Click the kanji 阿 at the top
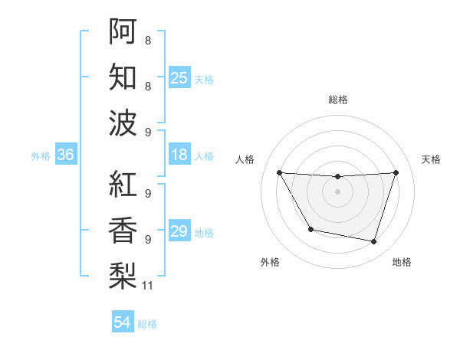click(x=123, y=31)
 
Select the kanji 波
click(x=123, y=123)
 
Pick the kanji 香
click(x=123, y=229)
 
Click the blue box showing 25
click(x=179, y=77)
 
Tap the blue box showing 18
click(x=179, y=155)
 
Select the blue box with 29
click(x=179, y=231)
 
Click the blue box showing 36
click(x=66, y=155)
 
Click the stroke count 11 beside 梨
click(x=149, y=286)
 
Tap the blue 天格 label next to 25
click(x=204, y=79)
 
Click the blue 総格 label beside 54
click(x=147, y=324)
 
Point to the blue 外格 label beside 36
click(x=41, y=156)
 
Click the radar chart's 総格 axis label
click(x=338, y=100)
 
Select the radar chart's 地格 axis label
click(x=402, y=262)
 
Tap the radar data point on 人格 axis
click(x=279, y=172)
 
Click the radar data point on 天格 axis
click(x=396, y=172)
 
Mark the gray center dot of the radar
click(x=338, y=191)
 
